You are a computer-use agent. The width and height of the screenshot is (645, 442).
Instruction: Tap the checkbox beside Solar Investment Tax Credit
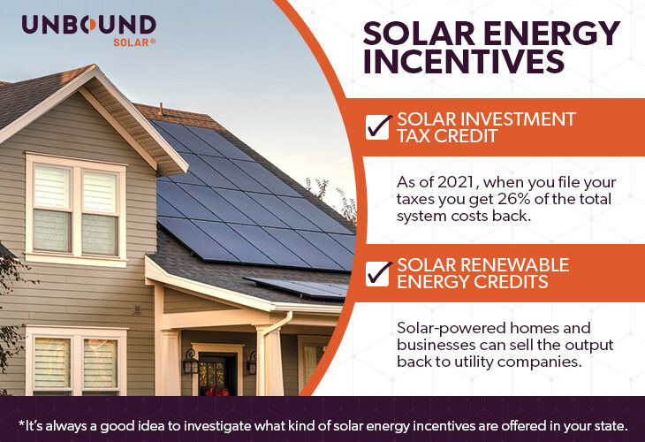pos(378,127)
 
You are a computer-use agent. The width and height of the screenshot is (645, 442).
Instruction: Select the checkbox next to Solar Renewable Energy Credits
pos(378,272)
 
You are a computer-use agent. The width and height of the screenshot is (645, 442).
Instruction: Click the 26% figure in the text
pos(493,200)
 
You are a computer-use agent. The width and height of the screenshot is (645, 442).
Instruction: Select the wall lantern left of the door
pos(190,361)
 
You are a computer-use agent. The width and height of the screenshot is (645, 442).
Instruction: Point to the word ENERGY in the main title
pos(556,33)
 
